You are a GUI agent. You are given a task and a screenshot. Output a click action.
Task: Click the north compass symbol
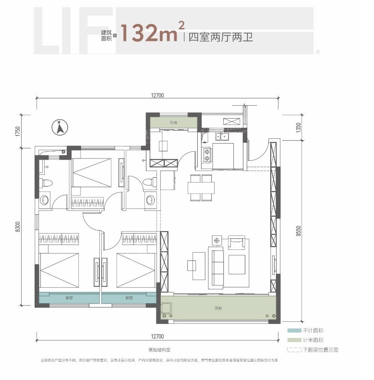60,128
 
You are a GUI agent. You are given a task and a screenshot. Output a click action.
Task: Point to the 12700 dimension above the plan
157,96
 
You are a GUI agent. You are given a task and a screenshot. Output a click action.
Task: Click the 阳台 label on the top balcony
173,123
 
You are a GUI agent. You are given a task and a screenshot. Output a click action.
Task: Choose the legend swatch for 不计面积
293,331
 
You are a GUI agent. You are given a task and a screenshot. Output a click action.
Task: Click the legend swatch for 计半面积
293,340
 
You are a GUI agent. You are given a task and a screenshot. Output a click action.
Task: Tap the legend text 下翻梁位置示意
320,350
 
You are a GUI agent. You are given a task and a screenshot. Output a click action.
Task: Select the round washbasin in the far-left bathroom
45,199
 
